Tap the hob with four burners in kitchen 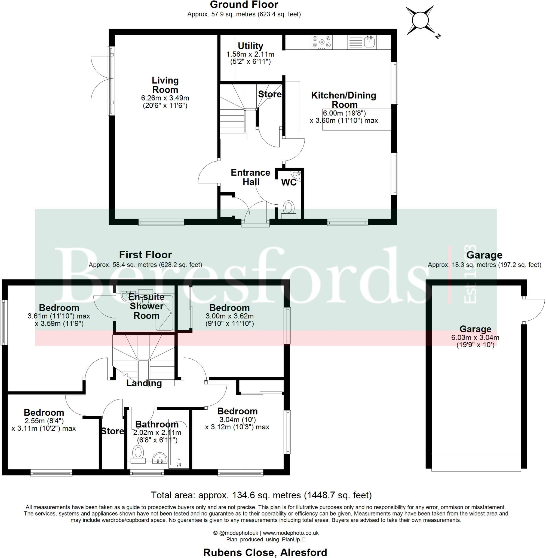point(321,42)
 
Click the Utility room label point(250,46)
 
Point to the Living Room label point(165,85)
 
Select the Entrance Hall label point(250,177)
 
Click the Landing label point(144,383)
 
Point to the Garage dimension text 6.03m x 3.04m point(475,338)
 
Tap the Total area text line point(261,495)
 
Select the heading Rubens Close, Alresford point(265,552)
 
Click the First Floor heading point(145,254)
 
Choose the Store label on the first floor point(112,431)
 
